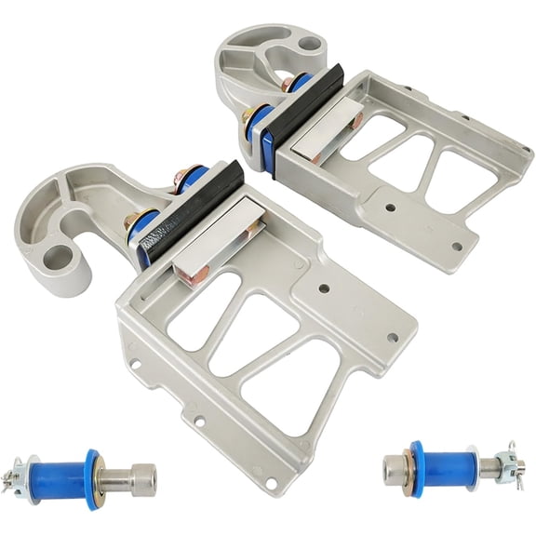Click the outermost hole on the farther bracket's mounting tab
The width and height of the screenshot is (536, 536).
[x=457, y=247]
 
